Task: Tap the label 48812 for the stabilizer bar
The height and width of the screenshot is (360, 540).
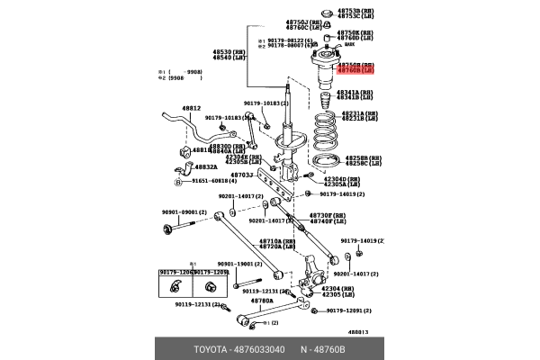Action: [192, 109]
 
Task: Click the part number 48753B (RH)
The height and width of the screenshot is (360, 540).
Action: [357, 10]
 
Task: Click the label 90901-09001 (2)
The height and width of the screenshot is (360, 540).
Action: [184, 212]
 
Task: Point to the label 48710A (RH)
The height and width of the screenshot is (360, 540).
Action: [277, 240]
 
